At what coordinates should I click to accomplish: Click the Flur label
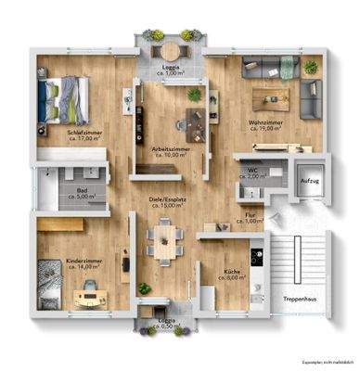tap(251, 215)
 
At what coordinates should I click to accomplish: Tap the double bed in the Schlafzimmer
tap(65, 96)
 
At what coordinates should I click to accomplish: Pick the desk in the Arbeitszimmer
tap(198, 115)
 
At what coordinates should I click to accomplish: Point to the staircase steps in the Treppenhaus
tap(298, 260)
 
